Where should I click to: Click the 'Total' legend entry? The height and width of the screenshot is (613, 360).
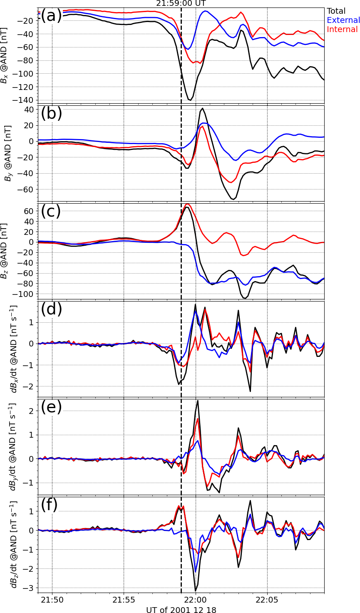pyautogui.click(x=336, y=11)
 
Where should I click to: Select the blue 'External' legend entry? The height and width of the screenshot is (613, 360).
pyautogui.click(x=343, y=20)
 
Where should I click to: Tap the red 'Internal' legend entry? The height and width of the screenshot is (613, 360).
pyautogui.click(x=342, y=30)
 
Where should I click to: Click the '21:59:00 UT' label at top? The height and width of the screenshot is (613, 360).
pyautogui.click(x=181, y=4)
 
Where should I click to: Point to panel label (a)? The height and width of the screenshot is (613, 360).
pyautogui.click(x=51, y=16)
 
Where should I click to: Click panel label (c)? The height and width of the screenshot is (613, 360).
pyautogui.click(x=51, y=211)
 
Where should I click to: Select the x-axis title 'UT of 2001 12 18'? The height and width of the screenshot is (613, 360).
pyautogui.click(x=181, y=609)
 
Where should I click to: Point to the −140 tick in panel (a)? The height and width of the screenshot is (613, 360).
pyautogui.click(x=25, y=100)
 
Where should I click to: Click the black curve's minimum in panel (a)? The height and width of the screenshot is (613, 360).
pyautogui.click(x=190, y=100)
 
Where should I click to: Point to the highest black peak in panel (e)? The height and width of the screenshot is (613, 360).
pyautogui.click(x=198, y=401)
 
